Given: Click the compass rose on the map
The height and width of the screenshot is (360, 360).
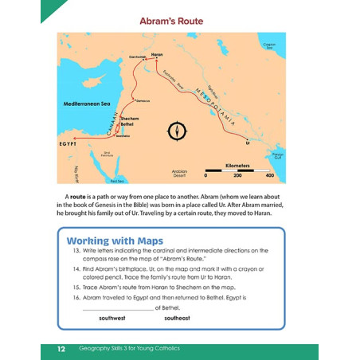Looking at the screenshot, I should [x=177, y=130].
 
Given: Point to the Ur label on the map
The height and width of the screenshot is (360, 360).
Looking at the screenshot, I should [x=248, y=143].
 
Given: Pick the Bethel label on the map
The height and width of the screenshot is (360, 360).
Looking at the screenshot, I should [x=130, y=125].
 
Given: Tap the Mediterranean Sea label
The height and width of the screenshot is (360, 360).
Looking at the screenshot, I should [x=89, y=104].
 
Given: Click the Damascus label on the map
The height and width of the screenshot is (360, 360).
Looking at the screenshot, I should [x=143, y=101].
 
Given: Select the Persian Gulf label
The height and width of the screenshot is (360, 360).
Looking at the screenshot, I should [x=277, y=153].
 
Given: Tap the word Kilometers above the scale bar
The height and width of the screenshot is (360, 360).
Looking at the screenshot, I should [x=238, y=166].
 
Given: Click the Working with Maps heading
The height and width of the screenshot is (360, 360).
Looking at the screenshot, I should [x=115, y=241].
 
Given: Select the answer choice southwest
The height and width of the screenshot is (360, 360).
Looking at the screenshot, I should [x=112, y=318].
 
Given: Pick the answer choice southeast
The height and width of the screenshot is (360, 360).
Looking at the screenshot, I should [x=177, y=318].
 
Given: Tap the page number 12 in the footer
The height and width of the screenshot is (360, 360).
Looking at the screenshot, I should [x=61, y=349].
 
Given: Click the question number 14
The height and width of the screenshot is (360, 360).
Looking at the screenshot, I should [x=77, y=269].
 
